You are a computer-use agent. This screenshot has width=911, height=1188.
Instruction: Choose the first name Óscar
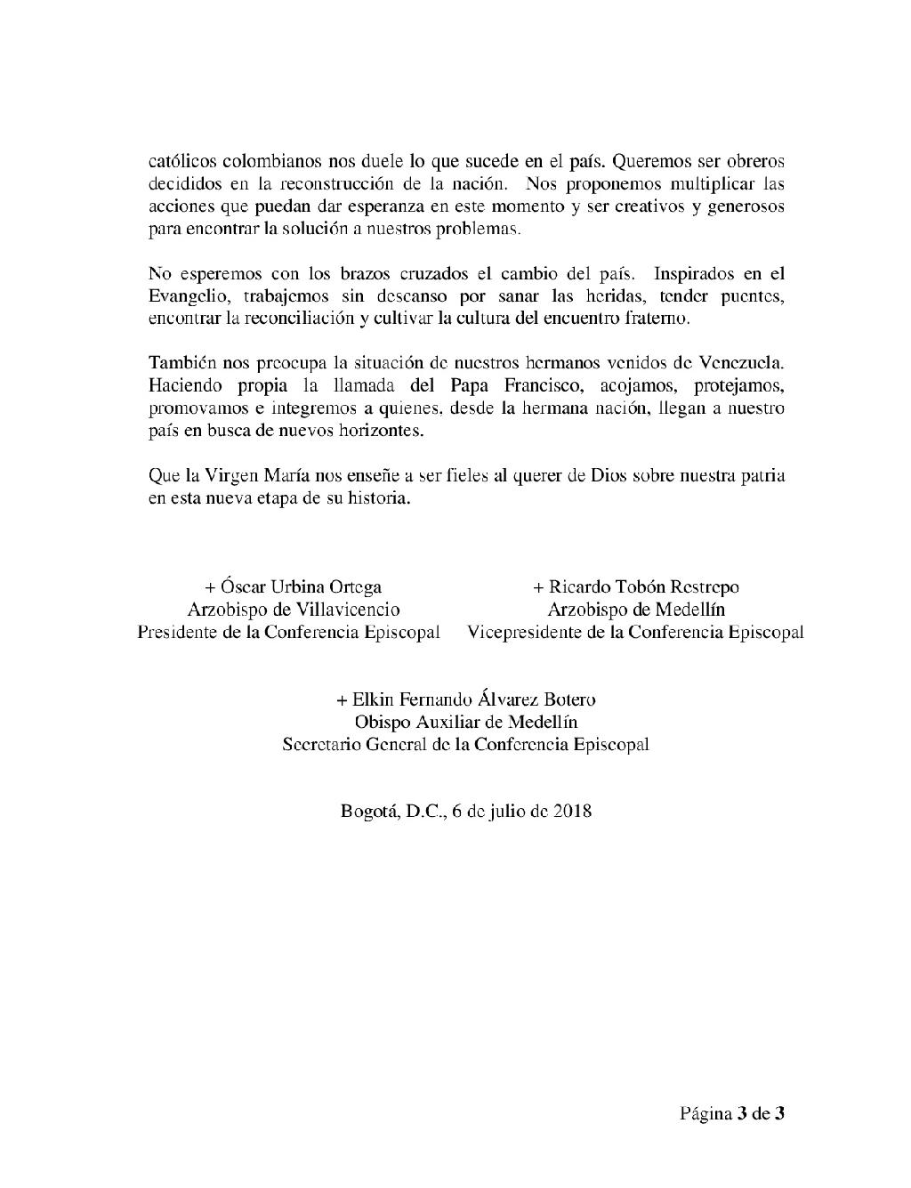coord(243,586)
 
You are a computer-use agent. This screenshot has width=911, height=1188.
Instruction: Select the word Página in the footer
coord(706,1113)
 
